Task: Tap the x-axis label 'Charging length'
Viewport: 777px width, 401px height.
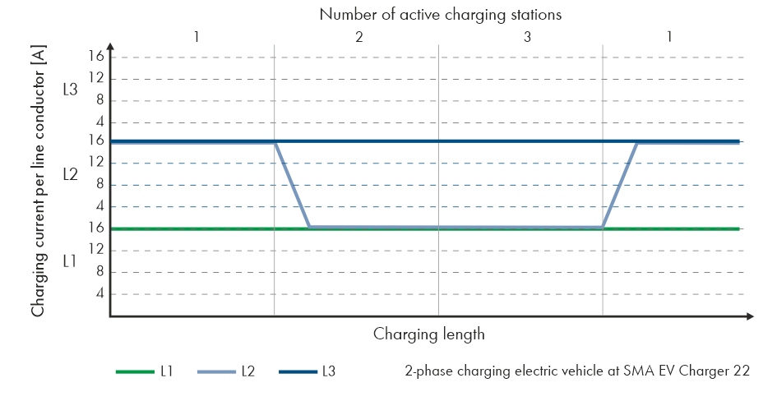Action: coord(428,334)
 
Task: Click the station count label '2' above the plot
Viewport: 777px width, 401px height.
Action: coord(359,38)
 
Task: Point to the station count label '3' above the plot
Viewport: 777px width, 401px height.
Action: coord(526,38)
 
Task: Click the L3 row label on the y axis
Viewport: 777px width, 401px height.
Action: coord(71,90)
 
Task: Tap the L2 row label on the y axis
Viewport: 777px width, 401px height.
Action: coord(71,174)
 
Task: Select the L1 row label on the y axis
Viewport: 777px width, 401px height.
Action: coord(71,260)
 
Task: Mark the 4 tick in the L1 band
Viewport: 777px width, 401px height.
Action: coord(99,293)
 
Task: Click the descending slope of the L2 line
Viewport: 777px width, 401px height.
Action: coord(292,185)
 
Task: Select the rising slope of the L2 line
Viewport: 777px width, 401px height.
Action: coord(620,185)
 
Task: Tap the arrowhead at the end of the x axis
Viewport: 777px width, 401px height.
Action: coord(750,316)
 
